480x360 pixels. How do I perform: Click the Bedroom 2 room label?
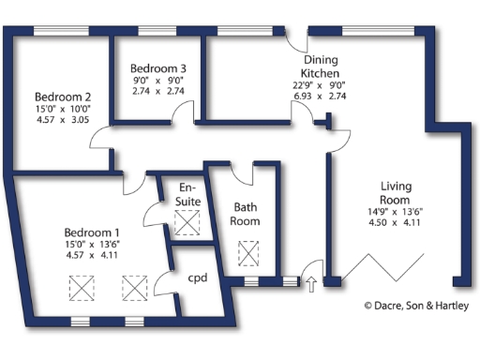tap(63, 97)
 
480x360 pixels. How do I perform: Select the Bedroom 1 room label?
tap(92, 232)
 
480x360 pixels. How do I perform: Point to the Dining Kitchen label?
tap(320, 66)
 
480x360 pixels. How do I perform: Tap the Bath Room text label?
tap(246, 214)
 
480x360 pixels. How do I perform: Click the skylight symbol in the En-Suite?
tap(188, 223)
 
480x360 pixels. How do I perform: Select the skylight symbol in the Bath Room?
tap(249, 253)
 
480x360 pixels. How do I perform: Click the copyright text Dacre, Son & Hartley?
tap(416, 306)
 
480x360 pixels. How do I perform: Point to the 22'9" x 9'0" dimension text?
tap(320, 84)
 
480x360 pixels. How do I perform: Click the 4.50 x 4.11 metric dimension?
tap(396, 222)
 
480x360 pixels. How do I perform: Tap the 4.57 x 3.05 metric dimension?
tap(63, 120)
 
